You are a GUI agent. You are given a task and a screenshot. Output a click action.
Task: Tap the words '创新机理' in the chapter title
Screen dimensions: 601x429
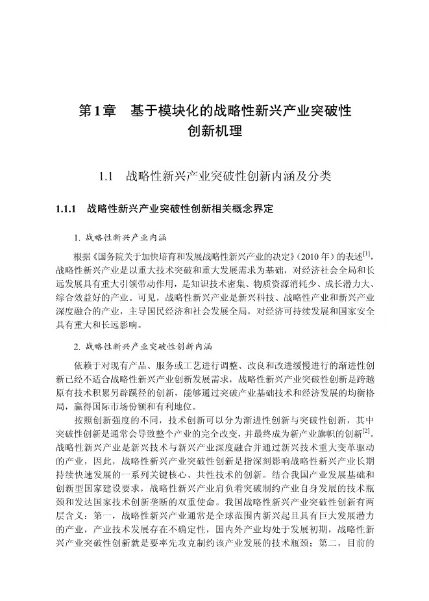pos(214,132)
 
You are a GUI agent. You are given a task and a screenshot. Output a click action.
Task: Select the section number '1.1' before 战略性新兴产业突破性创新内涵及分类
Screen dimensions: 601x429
pos(105,176)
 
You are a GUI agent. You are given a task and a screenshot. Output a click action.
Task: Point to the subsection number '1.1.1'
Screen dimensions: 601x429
pos(67,209)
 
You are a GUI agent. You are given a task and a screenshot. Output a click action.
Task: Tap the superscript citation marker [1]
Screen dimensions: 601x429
pos(367,249)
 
